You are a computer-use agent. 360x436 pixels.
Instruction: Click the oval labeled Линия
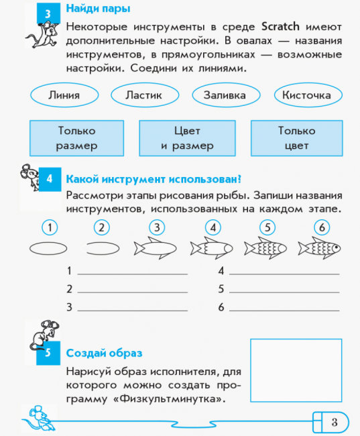click(64, 95)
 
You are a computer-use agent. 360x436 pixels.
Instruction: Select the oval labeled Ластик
click(145, 95)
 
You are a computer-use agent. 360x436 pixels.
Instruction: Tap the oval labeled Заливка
click(226, 95)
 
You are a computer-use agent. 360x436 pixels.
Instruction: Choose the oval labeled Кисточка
click(308, 95)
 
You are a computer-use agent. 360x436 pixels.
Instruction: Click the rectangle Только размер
click(76, 138)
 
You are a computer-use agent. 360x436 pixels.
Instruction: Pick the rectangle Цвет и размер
click(187, 138)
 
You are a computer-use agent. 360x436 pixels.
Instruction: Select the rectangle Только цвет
click(296, 138)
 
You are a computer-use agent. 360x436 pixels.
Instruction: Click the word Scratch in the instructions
click(280, 26)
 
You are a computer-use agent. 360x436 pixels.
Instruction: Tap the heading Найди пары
click(98, 9)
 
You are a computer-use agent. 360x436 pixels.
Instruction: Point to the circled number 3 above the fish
click(157, 227)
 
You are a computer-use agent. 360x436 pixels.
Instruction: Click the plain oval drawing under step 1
click(48, 248)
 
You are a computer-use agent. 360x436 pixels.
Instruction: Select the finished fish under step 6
click(319, 248)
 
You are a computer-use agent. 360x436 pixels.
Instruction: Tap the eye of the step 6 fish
click(336, 247)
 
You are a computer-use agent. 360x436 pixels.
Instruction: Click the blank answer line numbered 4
click(284, 274)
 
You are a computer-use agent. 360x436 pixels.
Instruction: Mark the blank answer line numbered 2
click(133, 292)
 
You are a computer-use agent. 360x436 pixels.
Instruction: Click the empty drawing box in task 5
click(296, 370)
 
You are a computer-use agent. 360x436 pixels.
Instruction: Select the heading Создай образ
click(105, 353)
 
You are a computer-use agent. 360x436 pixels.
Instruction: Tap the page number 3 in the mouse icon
click(335, 422)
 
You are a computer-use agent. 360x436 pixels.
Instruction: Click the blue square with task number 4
click(50, 179)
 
